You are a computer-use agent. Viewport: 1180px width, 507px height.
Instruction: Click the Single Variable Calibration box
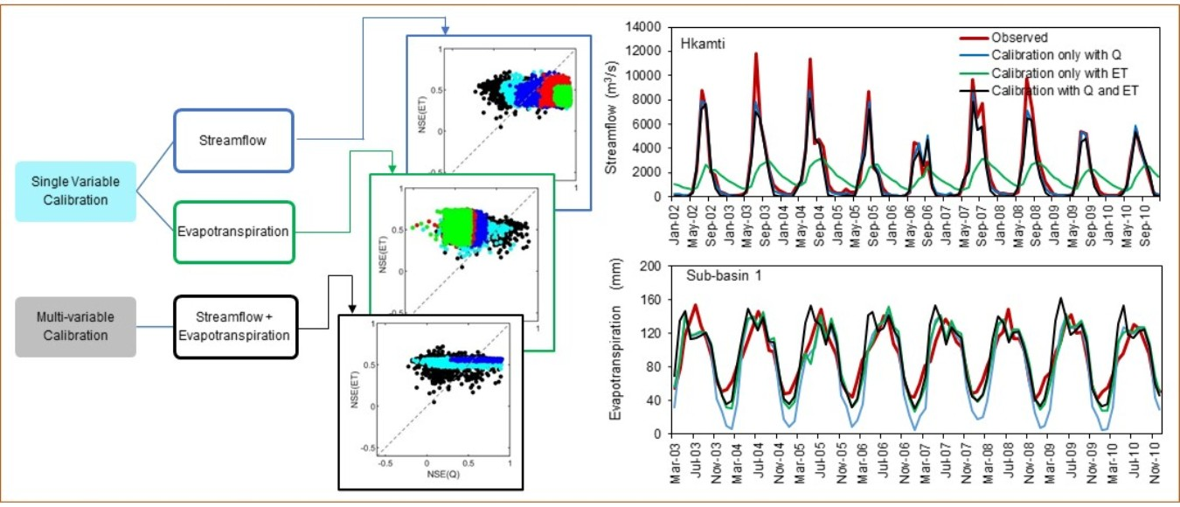point(76,191)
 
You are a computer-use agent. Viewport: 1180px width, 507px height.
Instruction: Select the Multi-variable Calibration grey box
point(76,326)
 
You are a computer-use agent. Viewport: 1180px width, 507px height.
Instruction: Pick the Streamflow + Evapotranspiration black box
point(236,327)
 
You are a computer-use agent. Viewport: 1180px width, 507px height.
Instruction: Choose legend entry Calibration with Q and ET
point(1065,90)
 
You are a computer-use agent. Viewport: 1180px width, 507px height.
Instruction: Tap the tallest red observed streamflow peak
point(755,54)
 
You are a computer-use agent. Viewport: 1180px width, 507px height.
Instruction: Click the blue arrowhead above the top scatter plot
point(446,30)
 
